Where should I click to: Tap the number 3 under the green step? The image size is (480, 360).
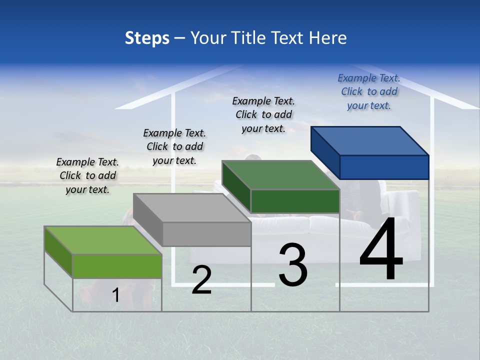click(293, 265)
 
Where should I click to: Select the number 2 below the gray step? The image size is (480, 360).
click(201, 280)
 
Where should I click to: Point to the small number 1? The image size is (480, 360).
click(115, 295)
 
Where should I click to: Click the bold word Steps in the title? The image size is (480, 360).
click(147, 38)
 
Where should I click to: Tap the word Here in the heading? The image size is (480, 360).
click(328, 38)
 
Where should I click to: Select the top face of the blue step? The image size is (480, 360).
click(369, 140)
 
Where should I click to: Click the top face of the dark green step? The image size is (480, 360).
click(280, 175)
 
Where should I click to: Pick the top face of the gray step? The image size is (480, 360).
click(192, 207)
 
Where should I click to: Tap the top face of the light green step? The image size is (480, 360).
click(103, 240)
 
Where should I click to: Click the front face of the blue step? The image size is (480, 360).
click(384, 167)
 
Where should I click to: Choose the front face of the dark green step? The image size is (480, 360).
click(295, 201)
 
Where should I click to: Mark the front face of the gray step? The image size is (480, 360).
click(206, 234)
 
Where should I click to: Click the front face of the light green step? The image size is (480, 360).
click(117, 266)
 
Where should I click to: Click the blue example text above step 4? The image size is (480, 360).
click(369, 91)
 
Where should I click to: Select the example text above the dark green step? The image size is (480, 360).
click(263, 114)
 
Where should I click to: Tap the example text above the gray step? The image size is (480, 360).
click(174, 146)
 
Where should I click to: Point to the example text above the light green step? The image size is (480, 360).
click(87, 175)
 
